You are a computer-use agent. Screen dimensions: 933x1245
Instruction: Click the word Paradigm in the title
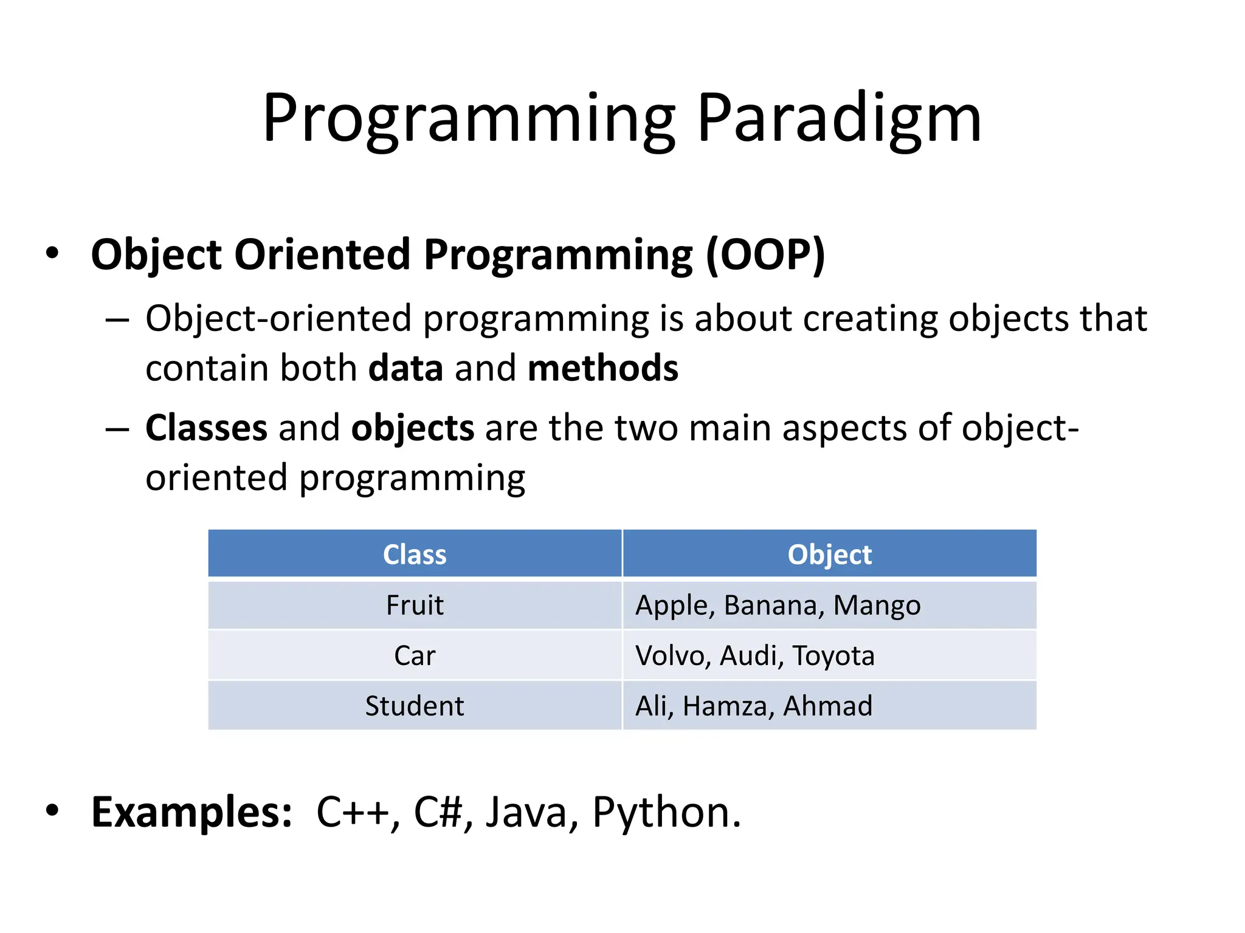tap(839, 118)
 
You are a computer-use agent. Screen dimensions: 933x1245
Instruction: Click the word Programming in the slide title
tap(468, 118)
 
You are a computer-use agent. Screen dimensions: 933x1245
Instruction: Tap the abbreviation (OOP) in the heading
tap(765, 255)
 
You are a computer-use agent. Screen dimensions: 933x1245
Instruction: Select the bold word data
tap(405, 369)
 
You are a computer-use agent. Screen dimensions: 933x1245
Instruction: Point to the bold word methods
tap(602, 369)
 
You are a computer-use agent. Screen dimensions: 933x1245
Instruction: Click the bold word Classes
tap(206, 428)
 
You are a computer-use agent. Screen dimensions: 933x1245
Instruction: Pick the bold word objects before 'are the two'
tap(412, 428)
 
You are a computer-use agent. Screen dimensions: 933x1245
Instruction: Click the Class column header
tap(415, 555)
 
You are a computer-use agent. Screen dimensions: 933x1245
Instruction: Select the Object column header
tap(829, 555)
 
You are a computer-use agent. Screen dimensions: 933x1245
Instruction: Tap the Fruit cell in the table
tap(415, 606)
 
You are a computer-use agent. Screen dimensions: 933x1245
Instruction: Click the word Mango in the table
tap(877, 606)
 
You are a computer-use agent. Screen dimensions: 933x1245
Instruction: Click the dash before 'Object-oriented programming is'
tap(117, 320)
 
